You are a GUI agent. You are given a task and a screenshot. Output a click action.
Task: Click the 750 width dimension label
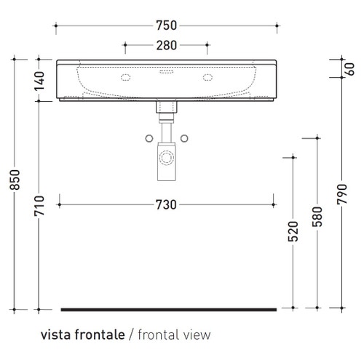(165, 25)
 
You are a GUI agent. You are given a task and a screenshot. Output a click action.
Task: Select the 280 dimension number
(165, 47)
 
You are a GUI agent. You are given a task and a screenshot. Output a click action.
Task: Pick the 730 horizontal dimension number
(165, 205)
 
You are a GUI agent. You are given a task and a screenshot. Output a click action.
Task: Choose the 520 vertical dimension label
(293, 231)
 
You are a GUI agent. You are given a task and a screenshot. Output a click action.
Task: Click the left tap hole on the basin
(125, 76)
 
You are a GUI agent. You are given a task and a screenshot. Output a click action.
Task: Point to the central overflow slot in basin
(165, 72)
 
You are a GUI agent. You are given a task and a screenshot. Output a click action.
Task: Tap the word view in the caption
(199, 335)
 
